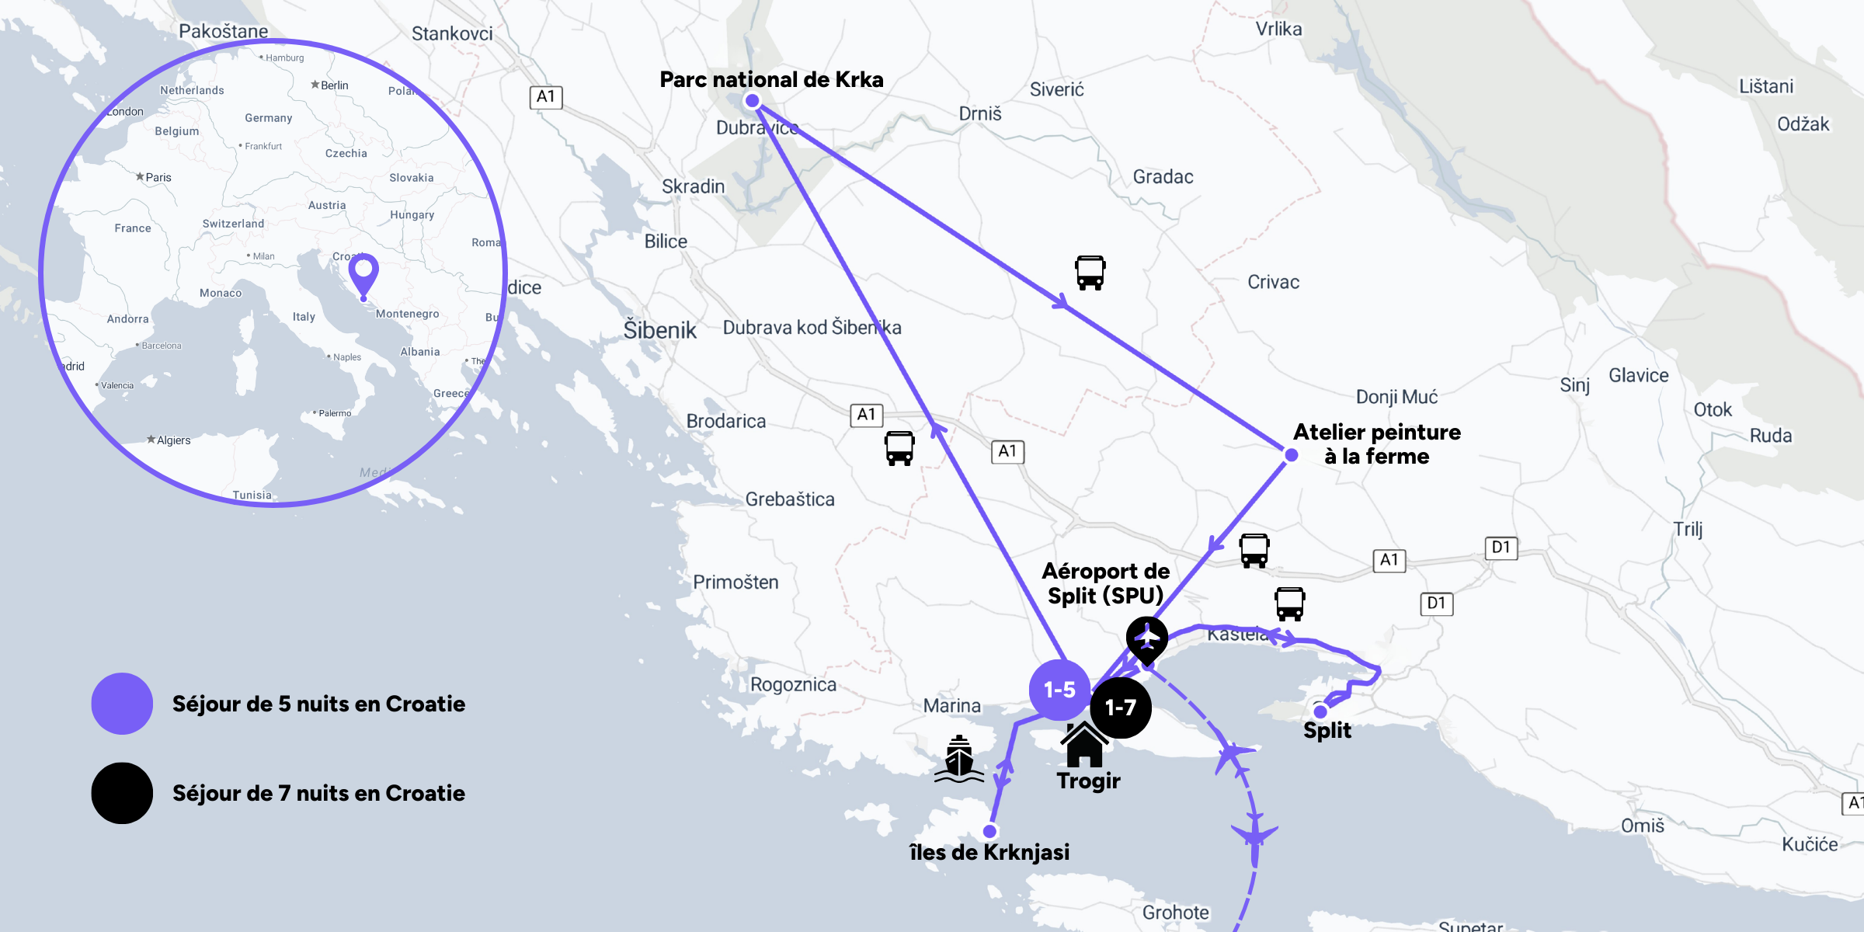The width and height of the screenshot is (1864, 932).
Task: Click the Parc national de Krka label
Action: pyautogui.click(x=771, y=79)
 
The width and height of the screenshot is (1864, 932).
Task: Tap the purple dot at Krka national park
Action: pyautogui.click(x=752, y=100)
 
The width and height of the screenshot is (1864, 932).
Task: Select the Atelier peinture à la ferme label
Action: pyautogui.click(x=1376, y=444)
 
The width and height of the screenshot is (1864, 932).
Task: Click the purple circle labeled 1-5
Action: pyautogui.click(x=1059, y=690)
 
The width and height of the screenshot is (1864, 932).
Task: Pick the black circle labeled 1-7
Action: pyautogui.click(x=1120, y=708)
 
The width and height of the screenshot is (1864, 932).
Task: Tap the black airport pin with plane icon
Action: pyautogui.click(x=1147, y=638)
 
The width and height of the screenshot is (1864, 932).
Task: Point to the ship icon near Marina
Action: pyautogui.click(x=959, y=759)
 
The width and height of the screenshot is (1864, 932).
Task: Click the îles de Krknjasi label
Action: pyautogui.click(x=989, y=852)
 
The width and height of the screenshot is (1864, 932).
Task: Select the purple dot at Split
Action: pyautogui.click(x=1320, y=711)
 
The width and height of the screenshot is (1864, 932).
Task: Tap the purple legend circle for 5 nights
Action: pyautogui.click(x=122, y=704)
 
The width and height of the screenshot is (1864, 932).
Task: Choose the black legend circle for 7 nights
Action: pyautogui.click(x=122, y=793)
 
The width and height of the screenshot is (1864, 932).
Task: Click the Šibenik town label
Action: pyautogui.click(x=660, y=330)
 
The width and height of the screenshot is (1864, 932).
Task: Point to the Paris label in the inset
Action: pyautogui.click(x=158, y=177)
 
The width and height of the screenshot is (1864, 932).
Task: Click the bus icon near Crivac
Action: pyautogui.click(x=1090, y=273)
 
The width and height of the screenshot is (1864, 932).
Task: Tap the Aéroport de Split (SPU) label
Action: pyautogui.click(x=1105, y=583)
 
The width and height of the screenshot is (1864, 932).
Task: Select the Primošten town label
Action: pyautogui.click(x=736, y=582)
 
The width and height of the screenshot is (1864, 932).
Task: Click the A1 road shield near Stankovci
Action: pyautogui.click(x=546, y=97)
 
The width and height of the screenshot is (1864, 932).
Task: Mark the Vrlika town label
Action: pyautogui.click(x=1278, y=30)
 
